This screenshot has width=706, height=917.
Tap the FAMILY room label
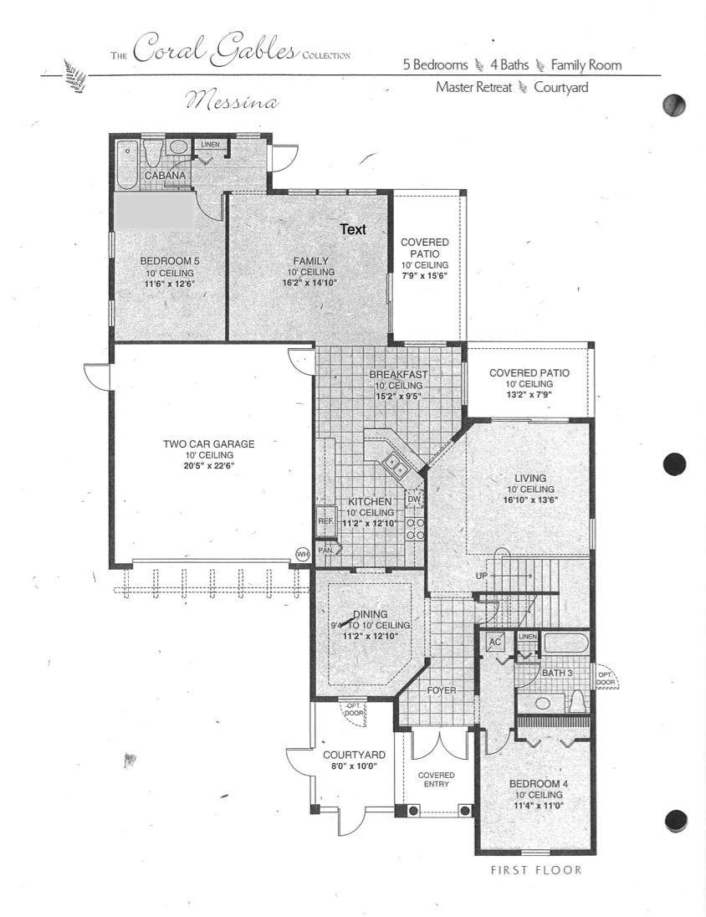(310, 260)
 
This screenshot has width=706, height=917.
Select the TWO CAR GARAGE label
(208, 444)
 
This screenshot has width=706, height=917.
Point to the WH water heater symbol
(302, 553)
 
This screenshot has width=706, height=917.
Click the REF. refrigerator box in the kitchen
(325, 520)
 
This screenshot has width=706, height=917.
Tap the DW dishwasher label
(413, 499)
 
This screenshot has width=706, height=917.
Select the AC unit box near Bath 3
(495, 643)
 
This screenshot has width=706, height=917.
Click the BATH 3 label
(557, 673)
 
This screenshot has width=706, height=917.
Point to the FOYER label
(442, 690)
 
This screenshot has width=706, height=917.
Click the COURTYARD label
(354, 755)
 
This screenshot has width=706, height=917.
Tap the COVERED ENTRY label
(436, 780)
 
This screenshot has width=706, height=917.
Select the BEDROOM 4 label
(539, 784)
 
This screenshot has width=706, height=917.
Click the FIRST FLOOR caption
(535, 870)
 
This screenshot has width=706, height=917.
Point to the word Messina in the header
(232, 102)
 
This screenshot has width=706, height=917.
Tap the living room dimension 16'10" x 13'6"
(529, 499)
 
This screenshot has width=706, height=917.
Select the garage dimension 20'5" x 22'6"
(208, 464)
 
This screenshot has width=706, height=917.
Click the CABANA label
(165, 176)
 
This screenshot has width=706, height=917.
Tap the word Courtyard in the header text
(561, 86)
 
